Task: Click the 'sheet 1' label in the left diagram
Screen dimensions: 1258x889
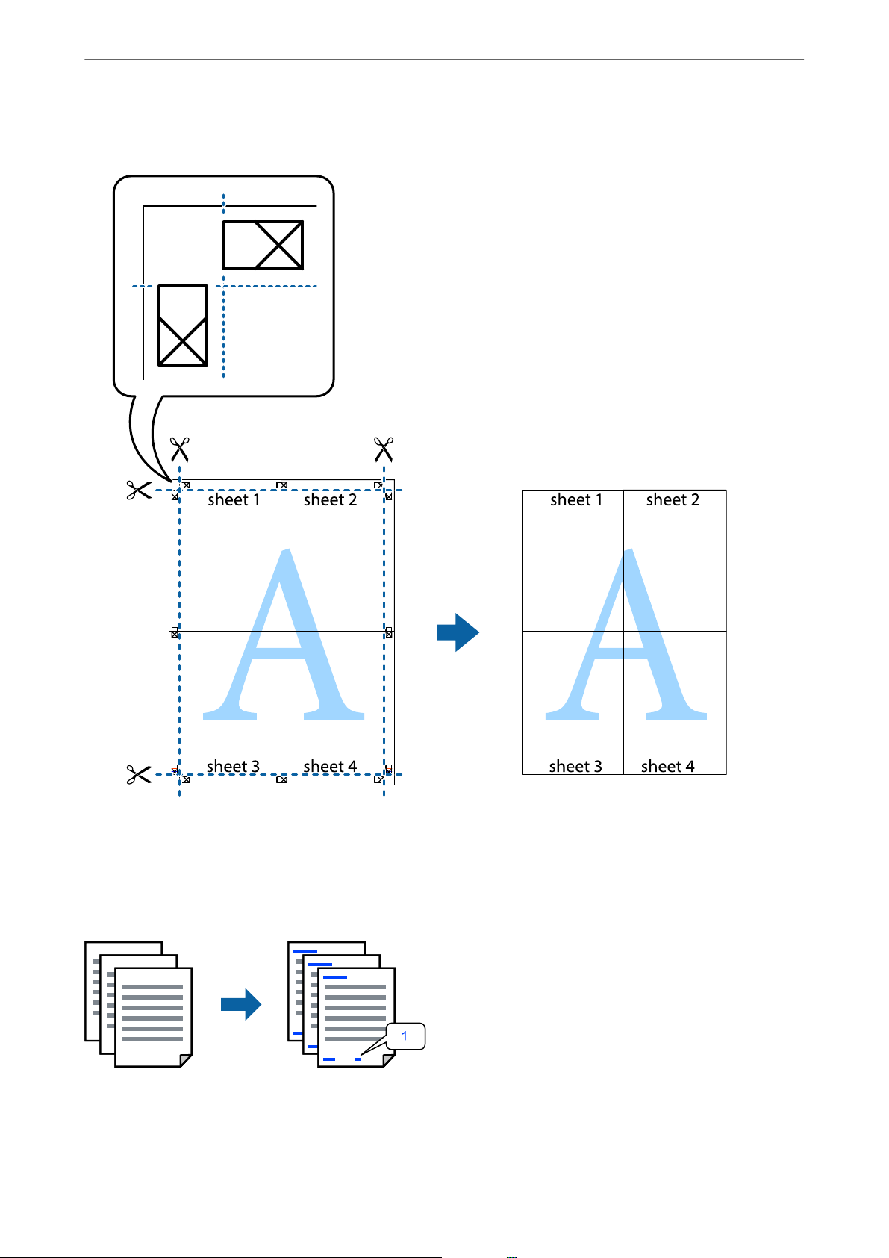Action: point(234,500)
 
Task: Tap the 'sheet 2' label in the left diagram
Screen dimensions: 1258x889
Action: point(330,500)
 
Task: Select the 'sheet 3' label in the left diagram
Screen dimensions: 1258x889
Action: point(233,767)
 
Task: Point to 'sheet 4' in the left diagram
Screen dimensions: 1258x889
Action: point(330,767)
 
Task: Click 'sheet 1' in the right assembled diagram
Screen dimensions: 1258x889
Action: point(575,500)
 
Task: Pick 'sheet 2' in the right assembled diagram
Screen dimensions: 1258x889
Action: point(673,500)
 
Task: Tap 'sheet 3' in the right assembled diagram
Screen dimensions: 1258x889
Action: point(575,767)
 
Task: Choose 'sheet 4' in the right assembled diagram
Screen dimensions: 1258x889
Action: point(667,767)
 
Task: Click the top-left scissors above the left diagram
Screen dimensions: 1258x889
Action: point(179,450)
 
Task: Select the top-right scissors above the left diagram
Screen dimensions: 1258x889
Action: point(384,450)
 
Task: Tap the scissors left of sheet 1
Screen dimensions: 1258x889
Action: point(139,491)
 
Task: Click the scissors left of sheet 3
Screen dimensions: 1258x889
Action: point(139,775)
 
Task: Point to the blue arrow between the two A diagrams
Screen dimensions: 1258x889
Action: point(458,633)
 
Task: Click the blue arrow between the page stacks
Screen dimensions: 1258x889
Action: point(241,1005)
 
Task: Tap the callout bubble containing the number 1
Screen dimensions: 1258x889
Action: point(405,1036)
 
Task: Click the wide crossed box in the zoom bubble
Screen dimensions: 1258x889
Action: point(263,245)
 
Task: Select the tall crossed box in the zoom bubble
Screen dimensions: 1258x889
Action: point(183,326)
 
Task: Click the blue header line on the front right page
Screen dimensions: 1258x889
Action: point(335,977)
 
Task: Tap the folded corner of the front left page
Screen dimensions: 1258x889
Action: point(186,1060)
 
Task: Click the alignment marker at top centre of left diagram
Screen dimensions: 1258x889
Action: point(281,485)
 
